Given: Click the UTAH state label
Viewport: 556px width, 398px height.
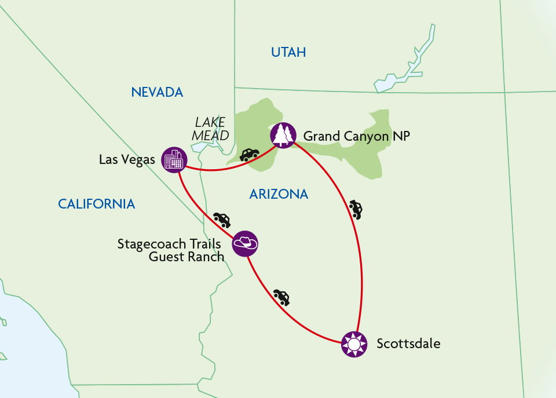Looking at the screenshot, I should point(288,53).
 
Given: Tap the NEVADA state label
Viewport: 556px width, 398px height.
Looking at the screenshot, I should point(157,92).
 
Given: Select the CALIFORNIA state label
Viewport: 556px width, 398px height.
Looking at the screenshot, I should point(96,204).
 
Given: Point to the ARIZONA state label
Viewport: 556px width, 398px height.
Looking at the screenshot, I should point(279,195).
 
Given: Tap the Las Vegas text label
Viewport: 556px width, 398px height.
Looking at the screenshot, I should point(127,159).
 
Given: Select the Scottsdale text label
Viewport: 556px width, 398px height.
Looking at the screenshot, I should point(408,344).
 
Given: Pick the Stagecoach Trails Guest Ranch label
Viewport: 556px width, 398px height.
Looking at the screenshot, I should point(170,250).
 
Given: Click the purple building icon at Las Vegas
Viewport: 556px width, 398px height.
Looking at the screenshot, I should point(174,159).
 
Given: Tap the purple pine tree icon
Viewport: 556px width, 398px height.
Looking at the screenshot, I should point(283,136).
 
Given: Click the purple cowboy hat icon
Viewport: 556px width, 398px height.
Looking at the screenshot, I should point(245,243).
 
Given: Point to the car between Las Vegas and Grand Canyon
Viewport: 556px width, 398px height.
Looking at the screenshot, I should point(249,155).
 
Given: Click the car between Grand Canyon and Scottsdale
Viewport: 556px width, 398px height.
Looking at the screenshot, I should point(356,209).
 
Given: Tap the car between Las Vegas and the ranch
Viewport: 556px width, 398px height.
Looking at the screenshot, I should point(222,220).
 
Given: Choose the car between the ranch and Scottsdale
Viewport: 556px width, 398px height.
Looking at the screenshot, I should point(281,297).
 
